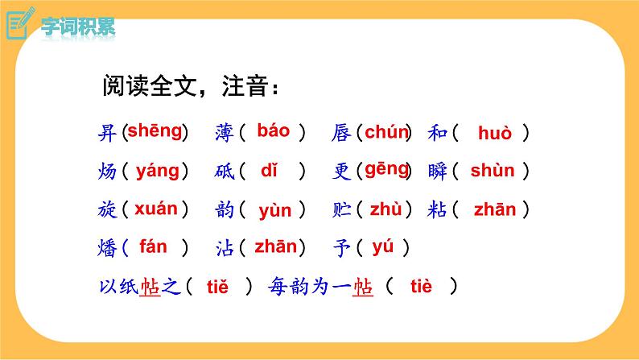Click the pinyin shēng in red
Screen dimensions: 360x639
point(155,130)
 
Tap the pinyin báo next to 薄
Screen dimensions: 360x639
point(274,130)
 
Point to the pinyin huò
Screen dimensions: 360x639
point(494,133)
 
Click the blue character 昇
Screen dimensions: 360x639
point(107,133)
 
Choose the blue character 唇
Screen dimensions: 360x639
point(340,133)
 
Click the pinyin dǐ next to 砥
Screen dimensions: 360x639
point(269,170)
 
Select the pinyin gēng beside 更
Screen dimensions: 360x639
point(387,169)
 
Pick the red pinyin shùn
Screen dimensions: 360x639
point(493,170)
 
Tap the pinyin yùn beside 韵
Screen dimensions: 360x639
point(275,211)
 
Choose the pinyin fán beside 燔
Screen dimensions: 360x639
point(153,246)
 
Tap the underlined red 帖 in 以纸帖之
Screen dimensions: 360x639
point(150,286)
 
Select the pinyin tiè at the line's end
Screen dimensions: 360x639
point(421,285)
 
